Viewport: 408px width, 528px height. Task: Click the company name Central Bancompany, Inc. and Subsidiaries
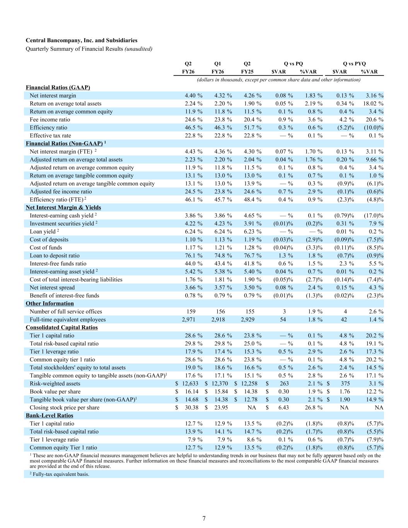[82, 40]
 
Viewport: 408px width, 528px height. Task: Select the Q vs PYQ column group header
[354, 64]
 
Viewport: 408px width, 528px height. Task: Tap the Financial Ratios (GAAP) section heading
[58, 87]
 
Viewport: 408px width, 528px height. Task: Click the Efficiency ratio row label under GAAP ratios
[48, 128]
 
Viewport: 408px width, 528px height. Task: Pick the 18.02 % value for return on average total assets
[373, 104]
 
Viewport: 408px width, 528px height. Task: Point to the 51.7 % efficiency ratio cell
[253, 128]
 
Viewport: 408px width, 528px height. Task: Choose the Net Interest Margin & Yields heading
[63, 207]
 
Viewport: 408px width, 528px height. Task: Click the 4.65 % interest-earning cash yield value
[253, 215]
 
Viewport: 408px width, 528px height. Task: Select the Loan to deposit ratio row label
[55, 256]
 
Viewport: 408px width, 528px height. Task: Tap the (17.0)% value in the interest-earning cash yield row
[374, 215]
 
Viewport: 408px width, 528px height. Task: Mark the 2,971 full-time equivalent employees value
[188, 320]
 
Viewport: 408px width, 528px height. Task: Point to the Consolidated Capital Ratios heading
[62, 328]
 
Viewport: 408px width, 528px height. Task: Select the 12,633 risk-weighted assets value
[190, 384]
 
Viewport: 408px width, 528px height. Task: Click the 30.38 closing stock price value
[191, 407]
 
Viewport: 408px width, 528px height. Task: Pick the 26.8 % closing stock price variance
[314, 407]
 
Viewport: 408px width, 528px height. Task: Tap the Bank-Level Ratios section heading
[49, 415]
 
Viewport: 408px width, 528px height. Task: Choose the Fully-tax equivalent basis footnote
[60, 474]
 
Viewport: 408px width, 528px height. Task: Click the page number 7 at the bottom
[204, 518]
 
